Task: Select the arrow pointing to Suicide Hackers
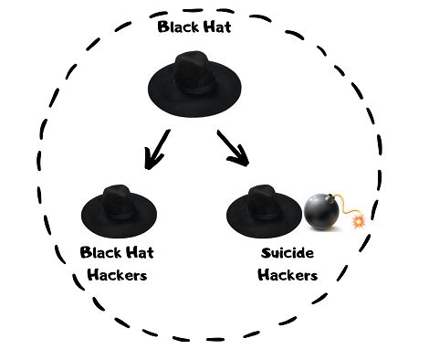[x=233, y=148]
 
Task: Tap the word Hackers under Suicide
[x=287, y=275]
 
